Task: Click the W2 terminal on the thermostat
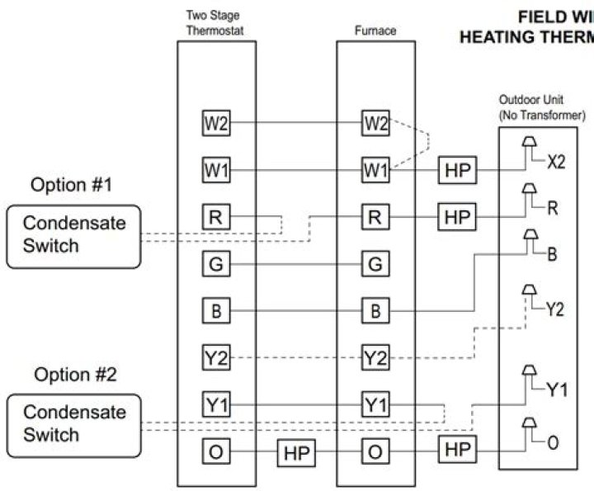pos(216,124)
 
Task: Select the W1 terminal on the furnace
pos(375,171)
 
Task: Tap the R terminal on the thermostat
pos(216,218)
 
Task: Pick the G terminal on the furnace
pos(375,265)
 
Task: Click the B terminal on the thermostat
pos(216,312)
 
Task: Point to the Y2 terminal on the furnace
pos(375,358)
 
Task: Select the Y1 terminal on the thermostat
pos(216,405)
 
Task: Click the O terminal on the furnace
pos(375,452)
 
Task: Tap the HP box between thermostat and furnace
pos(295,453)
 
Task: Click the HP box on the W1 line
pos(456,171)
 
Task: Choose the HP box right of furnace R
pos(456,218)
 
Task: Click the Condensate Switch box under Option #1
pos(73,235)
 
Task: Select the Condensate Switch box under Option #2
pos(73,423)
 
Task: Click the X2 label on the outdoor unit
pos(555,162)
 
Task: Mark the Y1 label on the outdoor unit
pos(556,389)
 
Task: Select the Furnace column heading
pos(375,31)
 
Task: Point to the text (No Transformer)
pos(542,116)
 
